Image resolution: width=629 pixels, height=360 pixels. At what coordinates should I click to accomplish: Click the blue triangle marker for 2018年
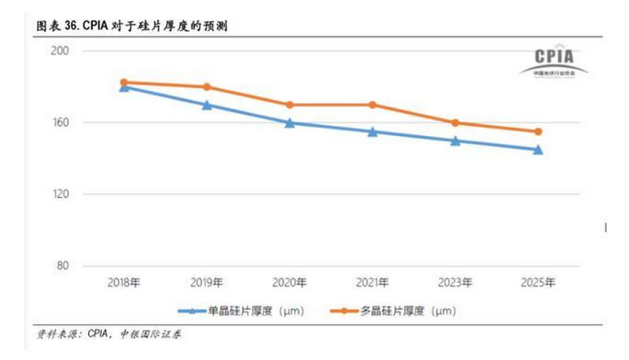124,87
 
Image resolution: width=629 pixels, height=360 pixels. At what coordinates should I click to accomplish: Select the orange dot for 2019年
207,86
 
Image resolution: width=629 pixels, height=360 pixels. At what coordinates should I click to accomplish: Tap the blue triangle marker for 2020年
289,123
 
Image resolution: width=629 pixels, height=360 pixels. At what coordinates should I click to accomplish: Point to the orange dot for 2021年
373,105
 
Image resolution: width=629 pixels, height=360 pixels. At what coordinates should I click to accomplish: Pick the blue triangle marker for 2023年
455,141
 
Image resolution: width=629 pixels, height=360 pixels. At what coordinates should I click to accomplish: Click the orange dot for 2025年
538,131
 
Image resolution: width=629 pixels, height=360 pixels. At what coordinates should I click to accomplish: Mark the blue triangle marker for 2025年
538,149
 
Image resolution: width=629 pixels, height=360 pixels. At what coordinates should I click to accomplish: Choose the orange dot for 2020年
289,105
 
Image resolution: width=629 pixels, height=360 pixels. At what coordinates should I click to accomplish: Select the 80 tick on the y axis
64,266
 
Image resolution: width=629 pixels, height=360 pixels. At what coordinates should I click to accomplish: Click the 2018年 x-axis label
124,282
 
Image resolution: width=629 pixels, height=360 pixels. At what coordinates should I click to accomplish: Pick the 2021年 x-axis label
373,282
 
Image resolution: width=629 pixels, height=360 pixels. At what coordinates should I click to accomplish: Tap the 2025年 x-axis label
538,282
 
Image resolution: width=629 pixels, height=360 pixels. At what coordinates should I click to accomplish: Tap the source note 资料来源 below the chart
55,334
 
